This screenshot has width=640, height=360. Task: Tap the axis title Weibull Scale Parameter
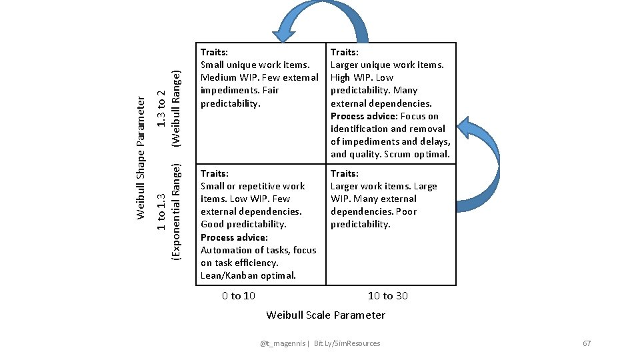pos(325,315)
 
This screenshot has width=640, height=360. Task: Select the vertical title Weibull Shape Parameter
pos(141,157)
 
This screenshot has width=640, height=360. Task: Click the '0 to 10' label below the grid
pos(239,295)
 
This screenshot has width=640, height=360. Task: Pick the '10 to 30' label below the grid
pos(388,295)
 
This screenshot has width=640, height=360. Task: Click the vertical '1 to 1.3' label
pos(161,212)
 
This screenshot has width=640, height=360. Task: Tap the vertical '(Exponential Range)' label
pos(176,212)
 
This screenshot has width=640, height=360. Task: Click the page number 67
pos(587,343)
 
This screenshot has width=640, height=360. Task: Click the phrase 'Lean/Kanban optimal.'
pos(248,275)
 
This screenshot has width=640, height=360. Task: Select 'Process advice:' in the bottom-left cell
pos(234,237)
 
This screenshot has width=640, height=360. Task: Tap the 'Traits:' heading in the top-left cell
pos(215,52)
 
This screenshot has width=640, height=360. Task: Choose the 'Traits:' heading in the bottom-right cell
pos(345,173)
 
